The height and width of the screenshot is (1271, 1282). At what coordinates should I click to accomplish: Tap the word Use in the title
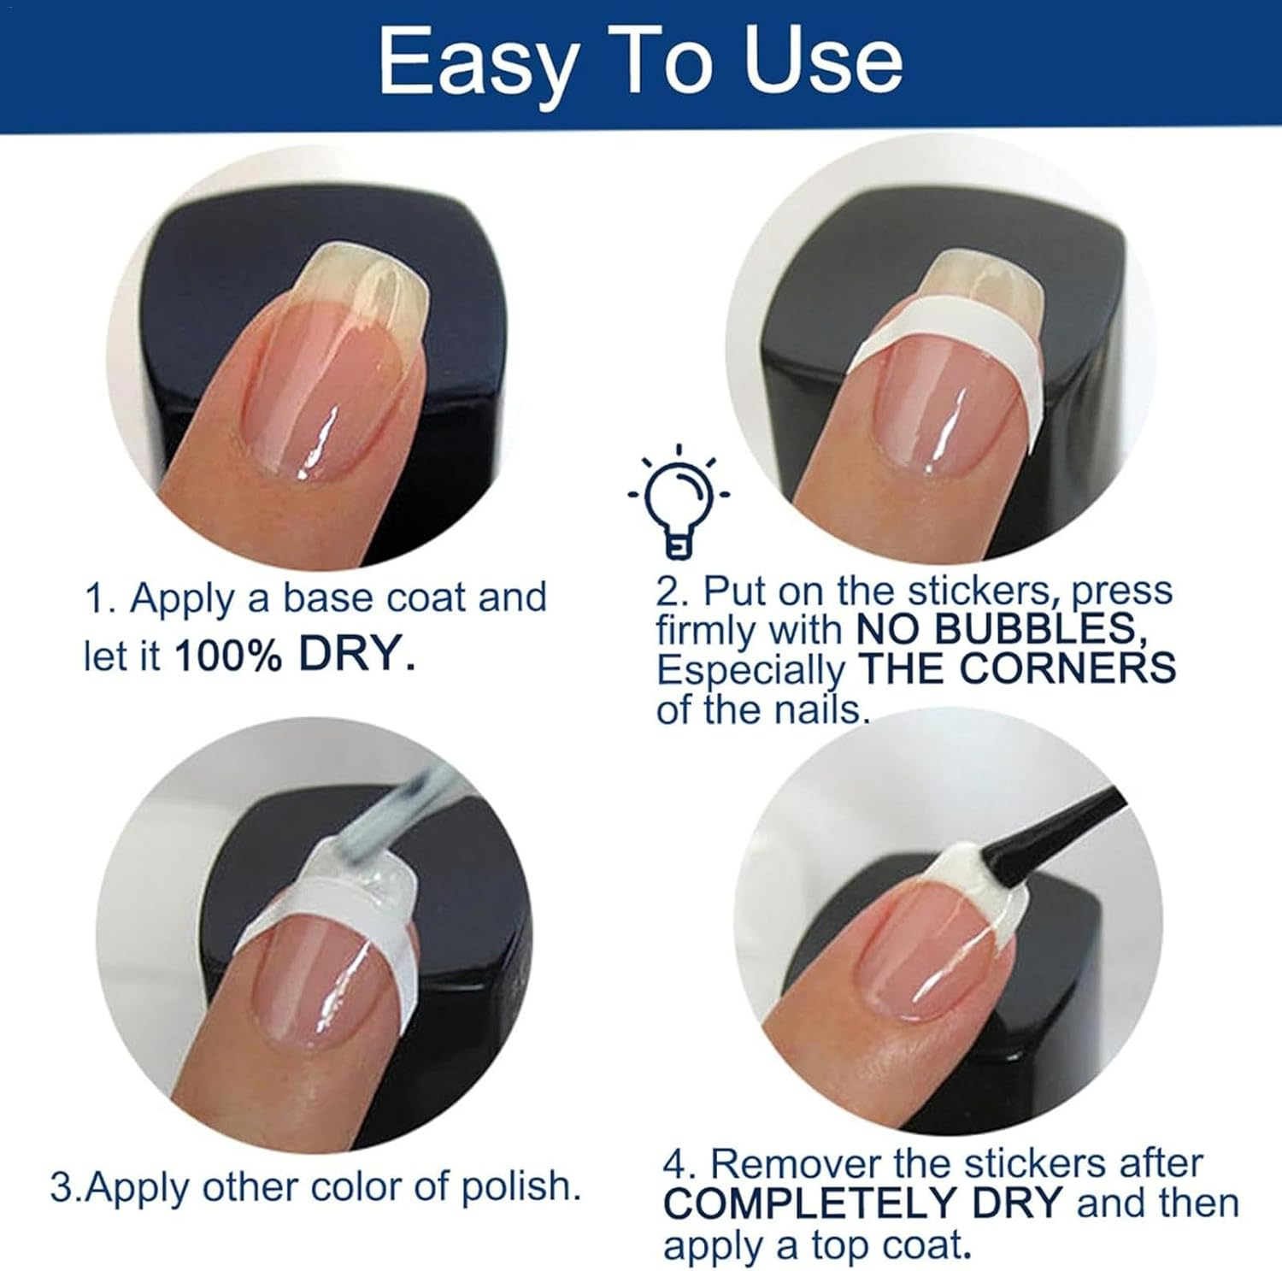click(823, 62)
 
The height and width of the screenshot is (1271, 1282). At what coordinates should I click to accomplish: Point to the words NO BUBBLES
click(1000, 630)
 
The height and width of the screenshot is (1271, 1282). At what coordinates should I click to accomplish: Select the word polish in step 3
click(521, 1186)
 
